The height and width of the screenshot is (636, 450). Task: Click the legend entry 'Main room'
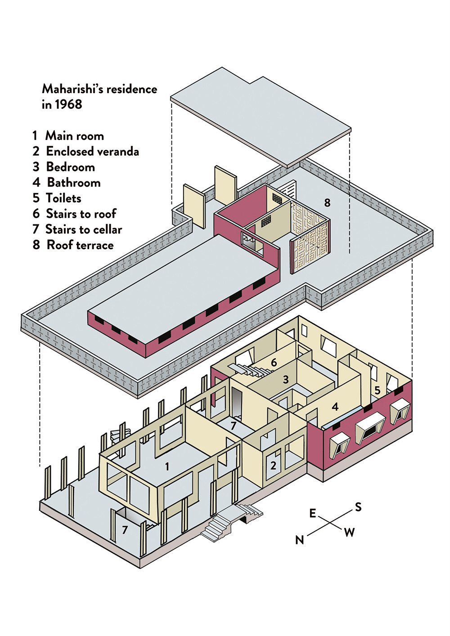coord(74,136)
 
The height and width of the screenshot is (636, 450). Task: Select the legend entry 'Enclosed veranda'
coord(92,152)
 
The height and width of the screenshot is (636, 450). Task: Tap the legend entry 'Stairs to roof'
coord(81,214)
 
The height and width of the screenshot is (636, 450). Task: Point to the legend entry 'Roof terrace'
coord(80,245)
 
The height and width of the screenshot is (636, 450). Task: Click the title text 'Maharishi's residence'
coord(99,89)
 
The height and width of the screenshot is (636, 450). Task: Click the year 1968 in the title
coord(68,104)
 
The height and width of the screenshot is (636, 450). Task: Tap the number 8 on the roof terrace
coord(327,203)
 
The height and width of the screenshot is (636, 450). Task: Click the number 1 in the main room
coord(167,467)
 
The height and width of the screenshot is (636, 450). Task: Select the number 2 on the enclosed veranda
coord(273,466)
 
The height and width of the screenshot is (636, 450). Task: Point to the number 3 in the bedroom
coord(285,380)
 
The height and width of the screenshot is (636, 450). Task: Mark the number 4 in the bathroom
coord(335,407)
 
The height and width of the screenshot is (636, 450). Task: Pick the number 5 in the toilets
coord(377,390)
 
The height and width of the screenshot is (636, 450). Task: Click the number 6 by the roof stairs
coord(274,363)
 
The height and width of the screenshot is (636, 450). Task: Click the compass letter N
coord(300,540)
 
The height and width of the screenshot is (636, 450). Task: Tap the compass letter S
coord(358,507)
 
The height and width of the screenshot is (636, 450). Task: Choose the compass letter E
coord(313,513)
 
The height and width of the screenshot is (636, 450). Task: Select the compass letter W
coord(349,533)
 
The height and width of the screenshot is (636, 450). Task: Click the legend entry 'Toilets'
coord(63,198)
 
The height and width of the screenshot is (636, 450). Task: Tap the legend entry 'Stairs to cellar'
coord(84,229)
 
